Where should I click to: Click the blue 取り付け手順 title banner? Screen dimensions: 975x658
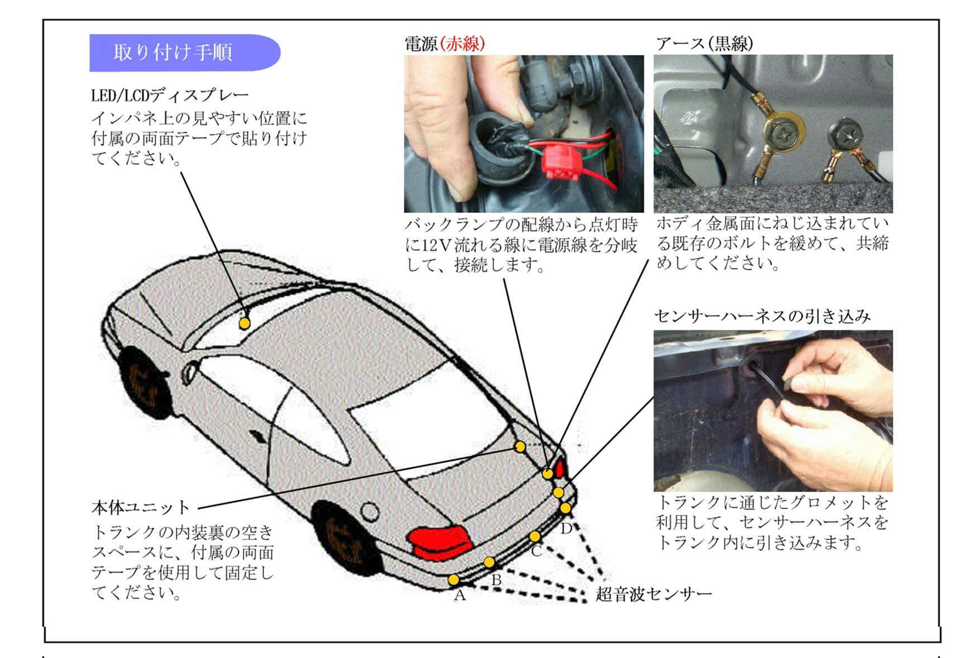[x=185, y=53]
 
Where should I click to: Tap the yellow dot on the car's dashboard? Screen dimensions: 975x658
[x=245, y=323]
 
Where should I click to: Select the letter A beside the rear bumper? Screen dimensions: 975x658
[x=460, y=595]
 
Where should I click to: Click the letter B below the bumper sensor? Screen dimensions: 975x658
[x=496, y=580]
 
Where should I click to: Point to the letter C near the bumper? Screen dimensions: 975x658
[x=536, y=551]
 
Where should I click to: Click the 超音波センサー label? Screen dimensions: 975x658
[x=653, y=594]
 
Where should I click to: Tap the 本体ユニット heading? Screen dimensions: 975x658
[x=141, y=508]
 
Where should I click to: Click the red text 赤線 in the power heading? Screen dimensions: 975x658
[x=463, y=43]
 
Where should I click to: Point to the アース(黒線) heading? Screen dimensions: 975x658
[x=704, y=43]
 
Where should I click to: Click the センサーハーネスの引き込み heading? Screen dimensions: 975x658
[x=762, y=316]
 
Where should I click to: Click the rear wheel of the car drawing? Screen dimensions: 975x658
[x=346, y=537]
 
